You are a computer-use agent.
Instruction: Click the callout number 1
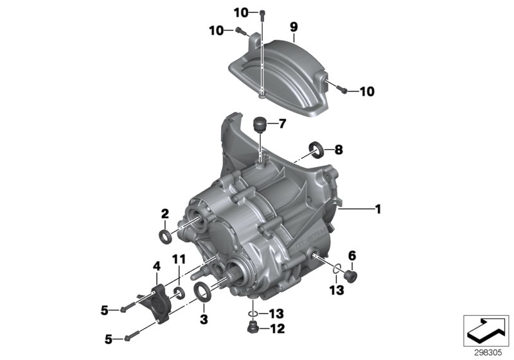coord(378,209)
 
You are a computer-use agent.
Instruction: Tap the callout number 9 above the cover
coord(293,26)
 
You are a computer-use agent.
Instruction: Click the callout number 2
coord(165,213)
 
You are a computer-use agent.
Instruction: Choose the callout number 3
coord(205,319)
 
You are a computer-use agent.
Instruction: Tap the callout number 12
coord(278,330)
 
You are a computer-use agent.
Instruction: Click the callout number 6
coord(351,255)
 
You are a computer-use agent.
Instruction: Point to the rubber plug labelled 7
coord(261,123)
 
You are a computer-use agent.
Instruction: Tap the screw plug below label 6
coord(351,276)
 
